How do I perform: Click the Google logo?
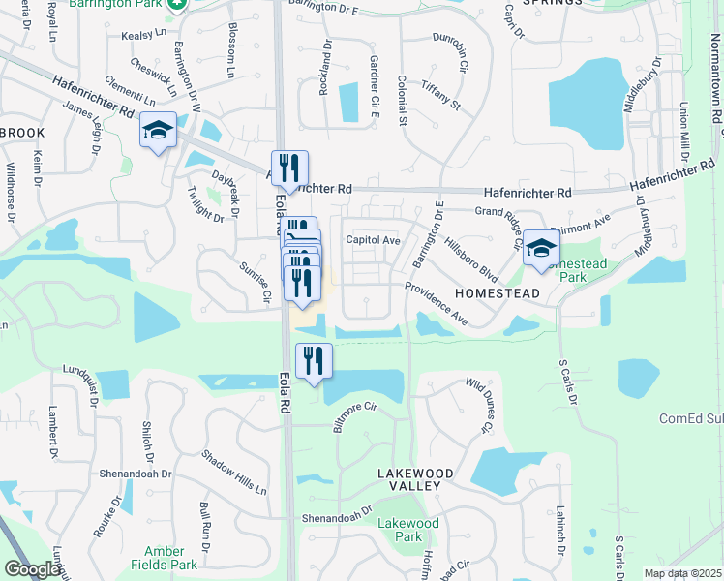click(x=32, y=569)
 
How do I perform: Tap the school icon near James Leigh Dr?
click(x=157, y=131)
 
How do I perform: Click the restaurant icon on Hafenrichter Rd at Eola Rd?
click(x=288, y=168)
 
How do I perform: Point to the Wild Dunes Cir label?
click(x=479, y=405)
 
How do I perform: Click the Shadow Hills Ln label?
click(x=233, y=473)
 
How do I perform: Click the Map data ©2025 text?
click(x=682, y=573)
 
